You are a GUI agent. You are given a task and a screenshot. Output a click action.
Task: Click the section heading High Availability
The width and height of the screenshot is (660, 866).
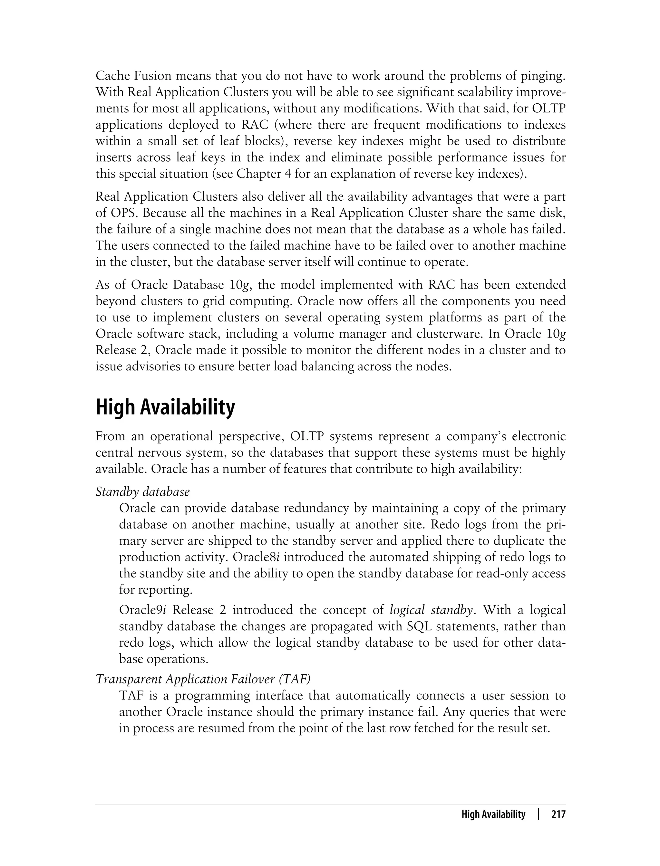click(165, 407)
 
